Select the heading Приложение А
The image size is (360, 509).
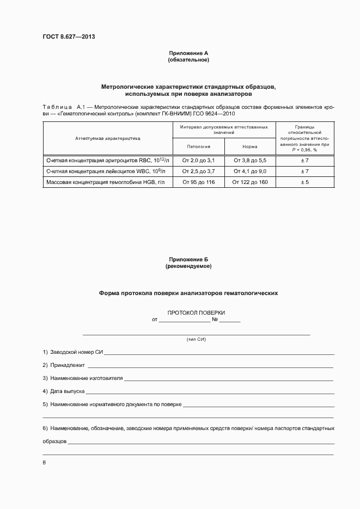click(x=188, y=53)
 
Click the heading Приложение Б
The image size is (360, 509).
click(x=188, y=260)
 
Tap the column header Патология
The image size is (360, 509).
click(x=198, y=147)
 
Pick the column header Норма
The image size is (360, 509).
click(x=250, y=147)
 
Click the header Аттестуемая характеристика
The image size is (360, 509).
click(x=108, y=138)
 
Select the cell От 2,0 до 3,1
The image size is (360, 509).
click(x=198, y=161)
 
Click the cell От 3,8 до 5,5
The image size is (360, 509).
click(x=250, y=161)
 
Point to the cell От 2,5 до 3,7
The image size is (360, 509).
click(x=198, y=171)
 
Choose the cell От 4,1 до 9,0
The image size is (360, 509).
click(x=250, y=171)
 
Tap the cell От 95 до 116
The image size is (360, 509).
click(x=198, y=182)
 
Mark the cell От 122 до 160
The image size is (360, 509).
click(x=250, y=182)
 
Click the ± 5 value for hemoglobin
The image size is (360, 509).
click(x=305, y=182)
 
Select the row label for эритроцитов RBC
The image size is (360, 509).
click(x=108, y=161)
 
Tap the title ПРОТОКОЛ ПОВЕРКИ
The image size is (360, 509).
click(x=196, y=313)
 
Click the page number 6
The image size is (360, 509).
click(x=44, y=463)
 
